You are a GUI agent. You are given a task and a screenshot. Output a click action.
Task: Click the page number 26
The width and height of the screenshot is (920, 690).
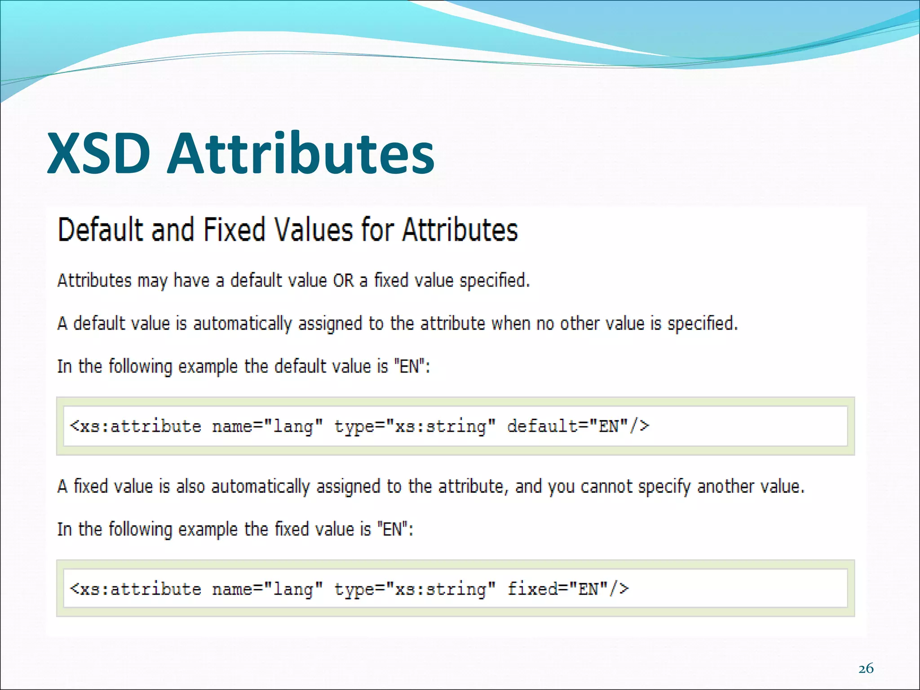(866, 669)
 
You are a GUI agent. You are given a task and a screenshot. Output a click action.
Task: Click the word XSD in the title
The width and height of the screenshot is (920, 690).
(98, 154)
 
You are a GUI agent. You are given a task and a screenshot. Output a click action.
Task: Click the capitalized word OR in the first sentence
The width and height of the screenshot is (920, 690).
(343, 281)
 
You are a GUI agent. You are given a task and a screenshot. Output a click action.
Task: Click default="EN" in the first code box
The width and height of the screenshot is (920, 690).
(578, 426)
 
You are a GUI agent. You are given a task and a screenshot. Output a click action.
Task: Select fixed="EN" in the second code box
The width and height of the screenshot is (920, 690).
(568, 589)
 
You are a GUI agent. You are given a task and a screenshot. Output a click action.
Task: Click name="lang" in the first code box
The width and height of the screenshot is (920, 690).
(267, 426)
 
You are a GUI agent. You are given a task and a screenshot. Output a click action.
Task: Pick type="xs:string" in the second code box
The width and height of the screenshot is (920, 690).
(415, 589)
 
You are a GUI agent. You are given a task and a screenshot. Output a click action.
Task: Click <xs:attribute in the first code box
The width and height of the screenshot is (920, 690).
(136, 426)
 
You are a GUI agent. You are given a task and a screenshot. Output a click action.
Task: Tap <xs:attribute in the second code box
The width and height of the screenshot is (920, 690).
(136, 589)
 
